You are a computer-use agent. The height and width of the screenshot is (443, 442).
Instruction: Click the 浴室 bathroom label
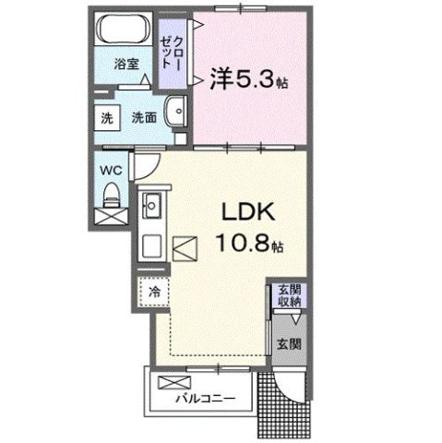click(126, 66)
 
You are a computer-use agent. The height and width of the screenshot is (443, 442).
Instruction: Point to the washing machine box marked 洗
click(107, 118)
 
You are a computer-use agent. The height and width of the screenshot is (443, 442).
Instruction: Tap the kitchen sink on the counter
click(151, 207)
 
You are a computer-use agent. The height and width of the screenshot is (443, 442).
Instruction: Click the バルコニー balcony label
click(207, 399)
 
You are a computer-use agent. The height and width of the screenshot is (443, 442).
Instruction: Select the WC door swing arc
click(144, 169)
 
